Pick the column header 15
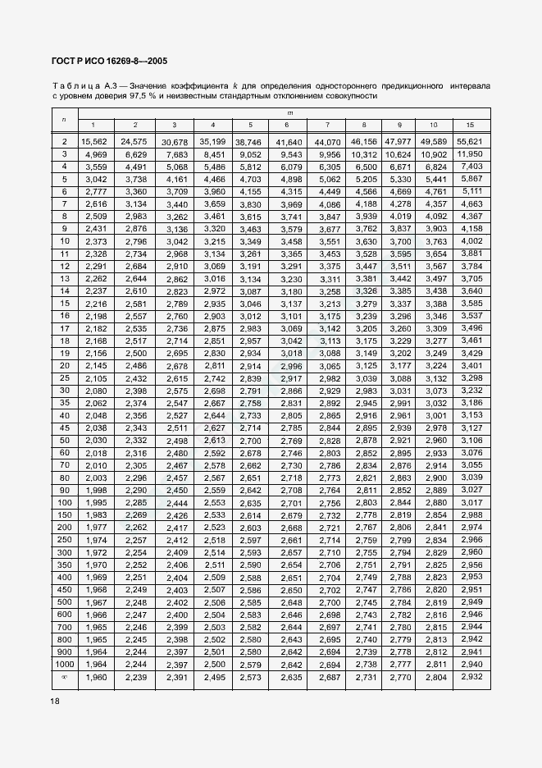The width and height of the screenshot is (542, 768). pos(469,124)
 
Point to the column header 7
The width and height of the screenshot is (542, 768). pos(327,124)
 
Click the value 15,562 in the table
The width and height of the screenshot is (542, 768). pos(93,142)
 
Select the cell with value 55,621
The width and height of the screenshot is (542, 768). pos(469,142)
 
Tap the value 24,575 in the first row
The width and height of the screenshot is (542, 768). pos(134,142)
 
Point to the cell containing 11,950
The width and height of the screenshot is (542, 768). pos(469,153)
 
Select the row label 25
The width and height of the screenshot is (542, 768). pos(63,378)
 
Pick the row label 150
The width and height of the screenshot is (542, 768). pos(63,514)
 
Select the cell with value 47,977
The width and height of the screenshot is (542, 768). pos(399,142)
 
